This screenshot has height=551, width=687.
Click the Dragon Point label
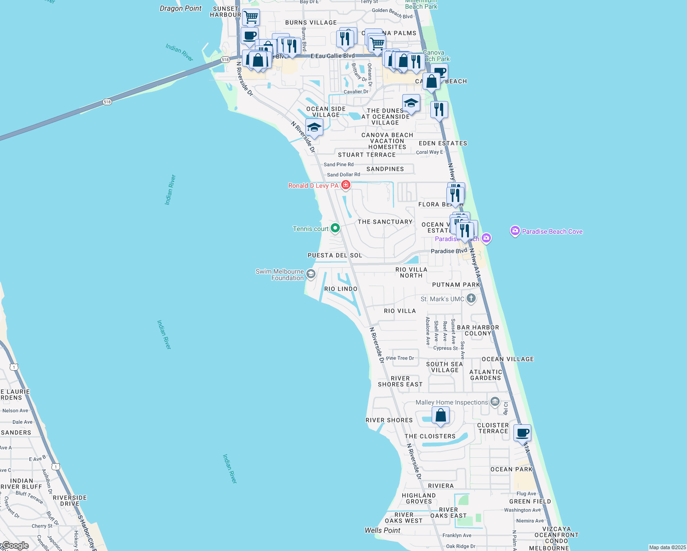click(180, 8)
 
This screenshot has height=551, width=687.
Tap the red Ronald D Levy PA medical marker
click(345, 185)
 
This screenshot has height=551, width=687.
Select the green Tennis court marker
click(335, 228)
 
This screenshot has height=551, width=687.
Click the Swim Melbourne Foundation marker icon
click(311, 275)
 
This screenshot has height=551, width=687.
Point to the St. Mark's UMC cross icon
click(471, 299)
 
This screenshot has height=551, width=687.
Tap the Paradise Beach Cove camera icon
click(515, 231)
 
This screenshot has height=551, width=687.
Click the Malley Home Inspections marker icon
click(495, 402)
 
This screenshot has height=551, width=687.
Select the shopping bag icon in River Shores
click(440, 416)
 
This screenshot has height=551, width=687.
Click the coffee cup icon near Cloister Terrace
click(522, 432)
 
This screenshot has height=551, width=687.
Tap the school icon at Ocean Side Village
click(314, 127)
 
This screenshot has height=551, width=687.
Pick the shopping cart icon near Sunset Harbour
click(251, 17)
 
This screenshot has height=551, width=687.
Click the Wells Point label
click(382, 530)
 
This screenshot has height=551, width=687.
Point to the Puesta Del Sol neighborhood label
click(335, 255)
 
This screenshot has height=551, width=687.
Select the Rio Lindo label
click(341, 289)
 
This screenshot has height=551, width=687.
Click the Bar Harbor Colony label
click(478, 331)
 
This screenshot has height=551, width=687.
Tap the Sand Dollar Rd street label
click(343, 174)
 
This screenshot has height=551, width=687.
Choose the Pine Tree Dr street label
click(400, 358)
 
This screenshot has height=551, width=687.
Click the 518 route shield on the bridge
click(107, 102)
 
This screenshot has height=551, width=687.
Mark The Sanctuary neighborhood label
click(385, 222)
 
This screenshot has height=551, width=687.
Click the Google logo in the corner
click(15, 545)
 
